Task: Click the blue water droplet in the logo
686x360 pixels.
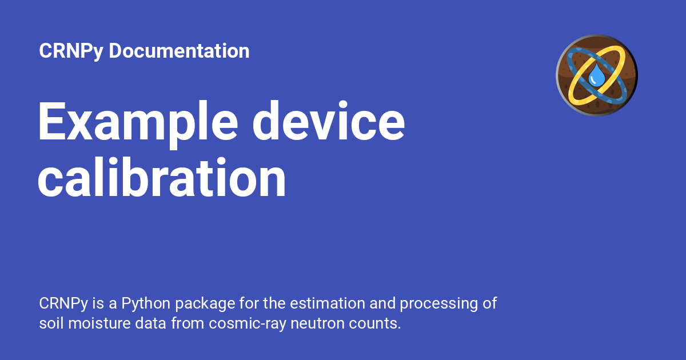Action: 597,75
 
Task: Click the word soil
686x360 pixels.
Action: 51,323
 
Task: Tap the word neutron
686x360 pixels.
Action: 317,323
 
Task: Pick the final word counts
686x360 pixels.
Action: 377,323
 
